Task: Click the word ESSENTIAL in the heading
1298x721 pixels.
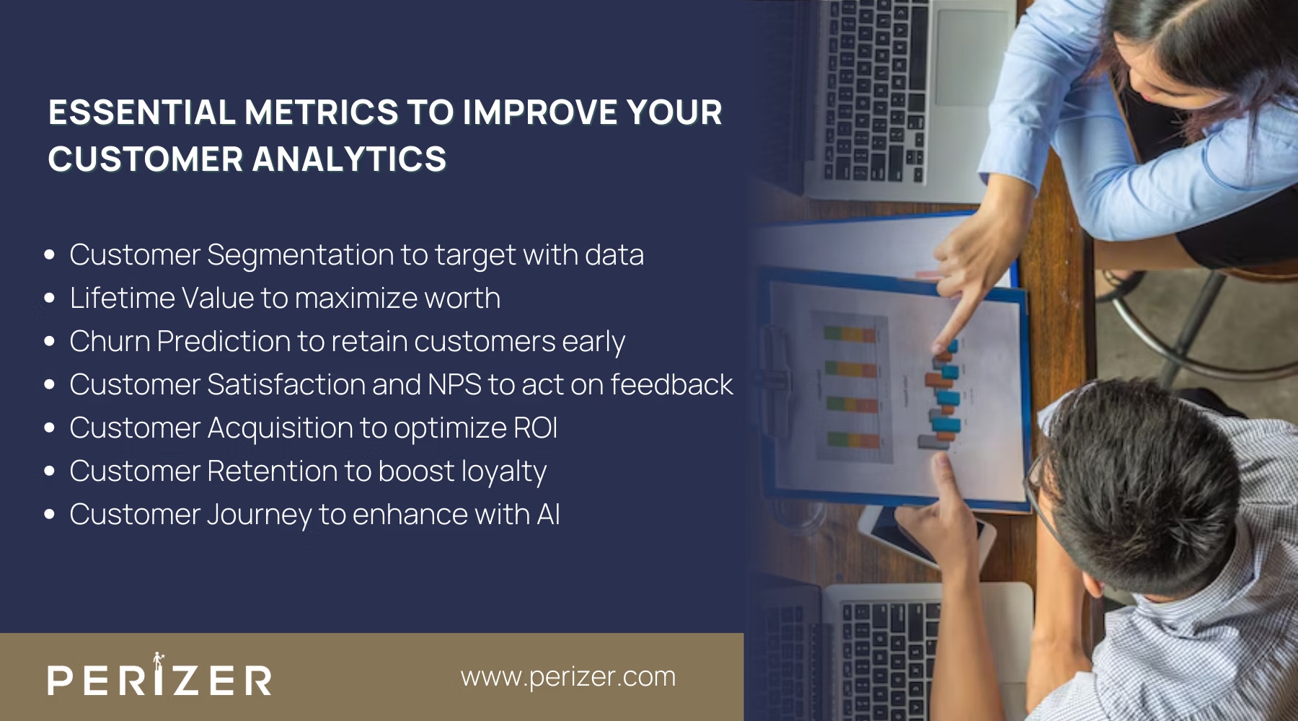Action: point(142,112)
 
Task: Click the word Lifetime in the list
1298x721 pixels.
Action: point(122,298)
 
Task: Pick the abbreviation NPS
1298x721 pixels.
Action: point(454,385)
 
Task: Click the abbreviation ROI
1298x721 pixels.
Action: point(535,428)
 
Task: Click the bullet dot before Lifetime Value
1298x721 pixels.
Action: point(50,298)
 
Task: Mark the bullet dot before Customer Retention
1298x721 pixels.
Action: point(50,471)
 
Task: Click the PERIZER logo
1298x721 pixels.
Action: point(159,678)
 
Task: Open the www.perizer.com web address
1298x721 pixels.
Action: point(568,677)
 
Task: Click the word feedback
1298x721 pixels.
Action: point(671,385)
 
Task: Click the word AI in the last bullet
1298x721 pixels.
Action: point(548,515)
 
